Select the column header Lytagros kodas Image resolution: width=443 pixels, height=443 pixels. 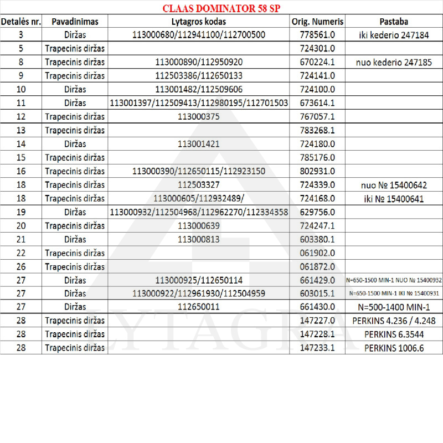tap(199, 22)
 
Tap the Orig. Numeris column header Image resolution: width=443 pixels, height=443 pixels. tap(317, 22)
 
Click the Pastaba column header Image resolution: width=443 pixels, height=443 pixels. tap(394, 22)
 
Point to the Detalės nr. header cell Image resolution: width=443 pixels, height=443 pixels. tap(20, 22)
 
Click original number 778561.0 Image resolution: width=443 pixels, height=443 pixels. tap(317, 35)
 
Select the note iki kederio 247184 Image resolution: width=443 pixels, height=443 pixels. tap(394, 35)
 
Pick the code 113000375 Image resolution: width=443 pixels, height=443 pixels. tap(199, 116)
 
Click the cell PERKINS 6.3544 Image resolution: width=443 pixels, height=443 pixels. tap(394, 334)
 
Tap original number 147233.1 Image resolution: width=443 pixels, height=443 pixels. tap(317, 347)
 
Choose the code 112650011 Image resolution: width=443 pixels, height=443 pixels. tap(199, 306)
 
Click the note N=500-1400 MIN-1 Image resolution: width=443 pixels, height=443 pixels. tap(394, 306)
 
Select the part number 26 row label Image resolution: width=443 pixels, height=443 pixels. tap(20, 266)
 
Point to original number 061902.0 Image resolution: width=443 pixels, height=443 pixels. tap(317, 252)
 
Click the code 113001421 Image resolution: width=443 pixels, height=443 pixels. tap(199, 143)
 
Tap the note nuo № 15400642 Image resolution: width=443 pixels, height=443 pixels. tap(394, 184)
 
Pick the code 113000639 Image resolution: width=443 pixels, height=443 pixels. tap(199, 225)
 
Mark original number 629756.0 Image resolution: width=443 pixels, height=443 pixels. tap(317, 212)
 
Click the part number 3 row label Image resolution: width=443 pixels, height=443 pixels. tap(20, 35)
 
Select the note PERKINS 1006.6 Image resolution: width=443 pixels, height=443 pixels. tap(394, 347)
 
